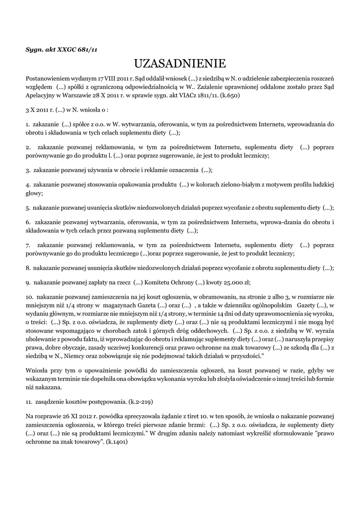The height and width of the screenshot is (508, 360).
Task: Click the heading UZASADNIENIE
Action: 180,63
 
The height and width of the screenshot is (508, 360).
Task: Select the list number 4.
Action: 27,185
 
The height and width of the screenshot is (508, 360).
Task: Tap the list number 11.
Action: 29,402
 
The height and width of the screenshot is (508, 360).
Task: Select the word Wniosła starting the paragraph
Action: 37,370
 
